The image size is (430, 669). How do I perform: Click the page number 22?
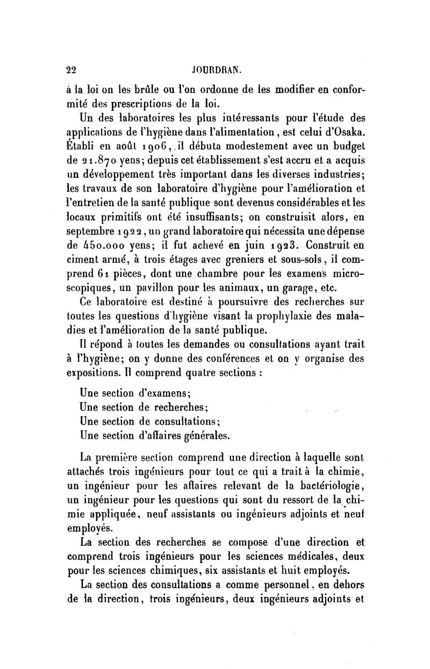(x=70, y=69)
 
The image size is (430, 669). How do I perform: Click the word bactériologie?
(x=329, y=487)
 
